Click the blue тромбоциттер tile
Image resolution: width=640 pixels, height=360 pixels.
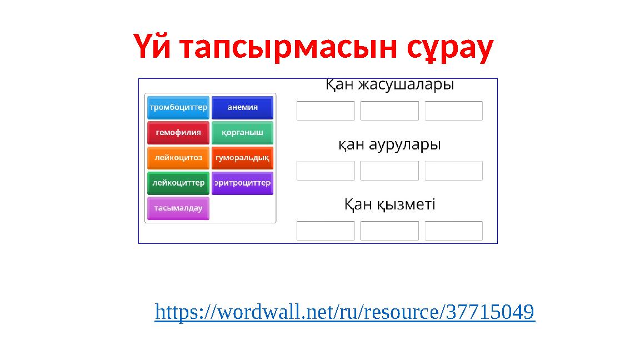pos(178,107)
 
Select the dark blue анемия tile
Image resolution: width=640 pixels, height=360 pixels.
pos(242,107)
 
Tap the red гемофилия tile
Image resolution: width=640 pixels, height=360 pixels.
pos(178,133)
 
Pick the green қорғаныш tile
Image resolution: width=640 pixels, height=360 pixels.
pos(242,133)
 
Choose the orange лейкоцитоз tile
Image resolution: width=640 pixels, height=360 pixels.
pos(178,158)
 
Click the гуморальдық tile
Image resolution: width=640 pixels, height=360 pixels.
pos(242,158)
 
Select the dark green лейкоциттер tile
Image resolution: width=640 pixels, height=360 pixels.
pos(178,183)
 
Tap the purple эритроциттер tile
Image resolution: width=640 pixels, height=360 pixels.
pos(242,183)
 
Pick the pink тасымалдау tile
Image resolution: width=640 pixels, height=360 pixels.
pos(178,208)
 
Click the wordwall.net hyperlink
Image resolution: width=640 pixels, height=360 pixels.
pos(344,312)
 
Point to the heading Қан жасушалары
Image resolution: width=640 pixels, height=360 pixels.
pos(389,85)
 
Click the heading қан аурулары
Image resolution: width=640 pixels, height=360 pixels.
pos(389,145)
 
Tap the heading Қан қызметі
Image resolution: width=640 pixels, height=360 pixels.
pos(389,205)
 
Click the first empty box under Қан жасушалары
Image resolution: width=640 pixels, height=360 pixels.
pos(326,111)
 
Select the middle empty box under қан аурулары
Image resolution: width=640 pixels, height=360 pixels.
pos(389,171)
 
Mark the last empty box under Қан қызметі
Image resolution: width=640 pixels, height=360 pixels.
pos(453,231)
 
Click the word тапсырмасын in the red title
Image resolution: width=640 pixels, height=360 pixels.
pos(290,48)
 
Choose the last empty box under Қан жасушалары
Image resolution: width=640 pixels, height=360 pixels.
pos(453,111)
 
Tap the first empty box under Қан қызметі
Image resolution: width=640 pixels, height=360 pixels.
pos(326,231)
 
